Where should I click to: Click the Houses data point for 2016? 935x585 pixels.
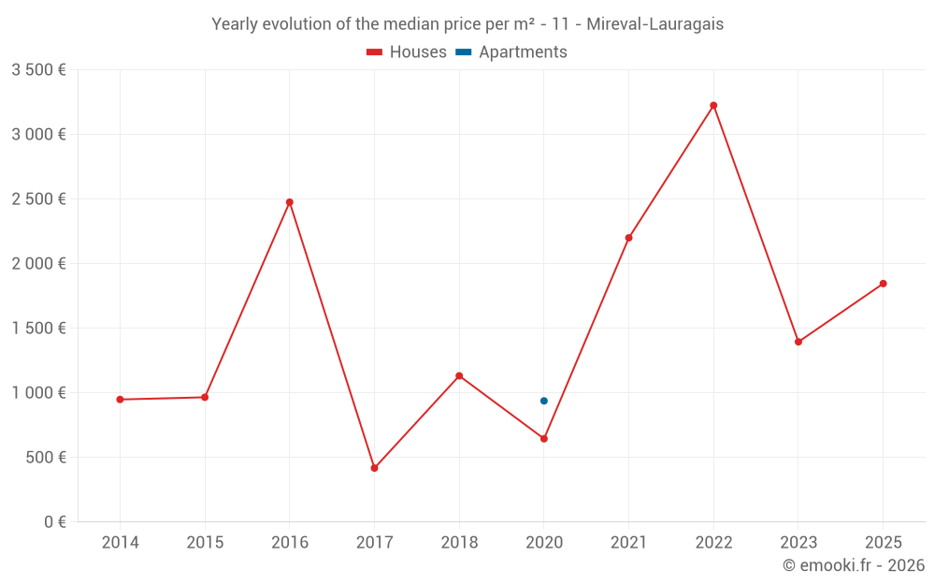(290, 202)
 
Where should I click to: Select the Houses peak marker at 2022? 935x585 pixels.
(713, 106)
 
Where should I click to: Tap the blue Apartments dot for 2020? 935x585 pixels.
(544, 401)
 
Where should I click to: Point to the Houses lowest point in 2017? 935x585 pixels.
(374, 468)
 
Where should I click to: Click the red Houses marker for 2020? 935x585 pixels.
(544, 438)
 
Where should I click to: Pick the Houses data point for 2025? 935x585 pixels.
(883, 284)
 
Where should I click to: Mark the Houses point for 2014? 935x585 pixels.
(120, 400)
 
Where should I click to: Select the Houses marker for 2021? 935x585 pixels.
(628, 238)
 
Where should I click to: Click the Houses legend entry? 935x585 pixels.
(407, 52)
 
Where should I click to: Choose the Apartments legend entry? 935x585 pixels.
(511, 52)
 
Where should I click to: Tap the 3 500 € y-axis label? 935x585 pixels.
(38, 70)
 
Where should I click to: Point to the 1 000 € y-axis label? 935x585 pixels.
(38, 393)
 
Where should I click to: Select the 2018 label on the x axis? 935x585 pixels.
(459, 543)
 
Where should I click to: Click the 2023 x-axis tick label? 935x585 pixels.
(798, 543)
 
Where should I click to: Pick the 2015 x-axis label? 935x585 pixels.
(205, 543)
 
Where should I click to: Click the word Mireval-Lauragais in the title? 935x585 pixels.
(654, 24)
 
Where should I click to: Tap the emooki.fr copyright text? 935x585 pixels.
(853, 565)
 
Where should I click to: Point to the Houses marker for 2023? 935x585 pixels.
(798, 342)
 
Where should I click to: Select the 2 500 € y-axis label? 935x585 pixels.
(38, 199)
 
